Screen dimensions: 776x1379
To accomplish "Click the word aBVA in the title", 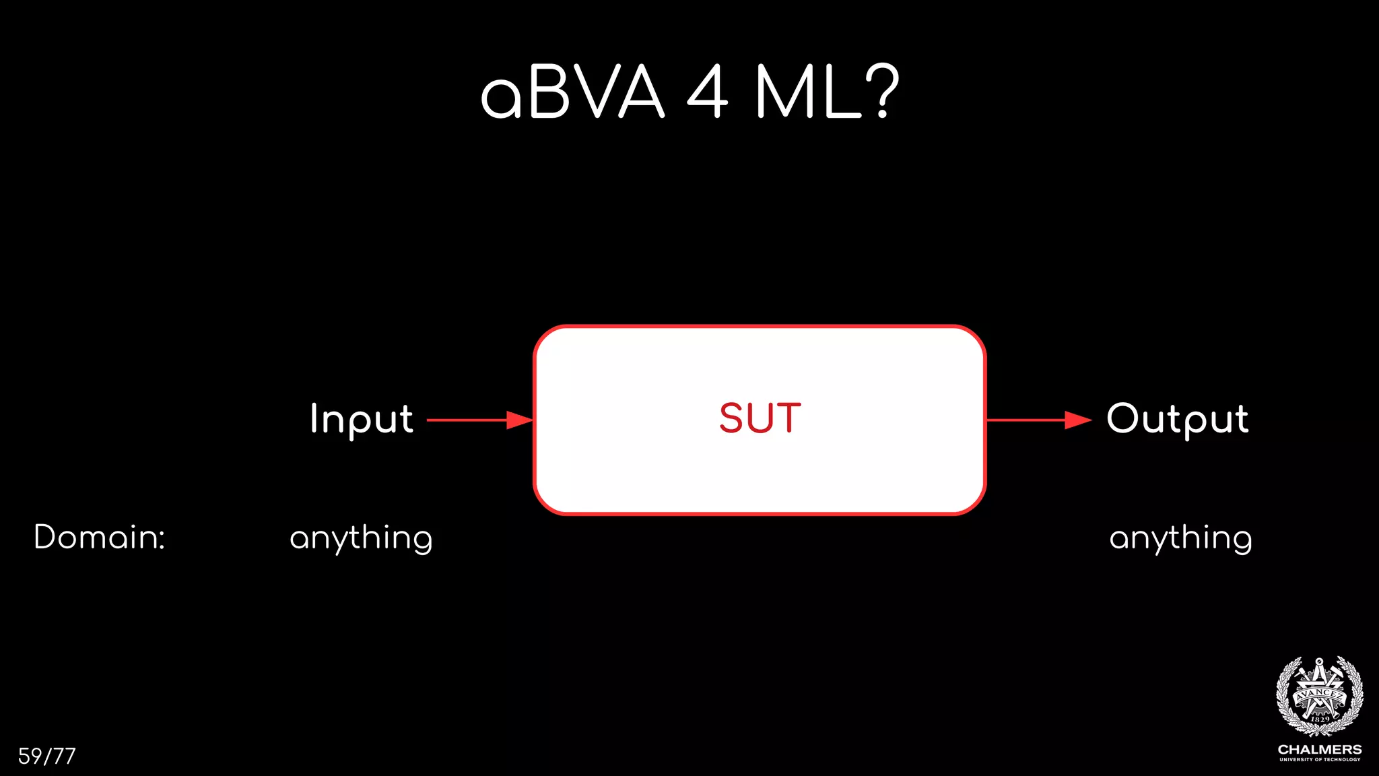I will [x=572, y=93].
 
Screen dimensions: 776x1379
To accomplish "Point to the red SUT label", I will [x=760, y=418].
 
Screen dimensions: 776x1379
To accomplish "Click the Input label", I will [x=362, y=419].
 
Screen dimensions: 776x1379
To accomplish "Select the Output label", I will [x=1178, y=419].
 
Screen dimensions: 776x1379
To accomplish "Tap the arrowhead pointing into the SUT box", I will [x=519, y=420].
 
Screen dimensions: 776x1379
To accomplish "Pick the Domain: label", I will [x=100, y=538].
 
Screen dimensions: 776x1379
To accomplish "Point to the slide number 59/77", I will [x=46, y=756].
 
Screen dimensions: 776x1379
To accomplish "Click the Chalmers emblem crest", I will [x=1320, y=697].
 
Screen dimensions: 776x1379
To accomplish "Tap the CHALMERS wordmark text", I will [x=1320, y=750].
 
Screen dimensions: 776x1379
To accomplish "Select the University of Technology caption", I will [x=1320, y=760].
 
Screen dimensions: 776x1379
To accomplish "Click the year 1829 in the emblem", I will [x=1320, y=719].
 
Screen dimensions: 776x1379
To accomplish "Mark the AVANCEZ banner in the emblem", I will [x=1320, y=693].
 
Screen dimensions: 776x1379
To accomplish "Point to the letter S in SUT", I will [x=731, y=418].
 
